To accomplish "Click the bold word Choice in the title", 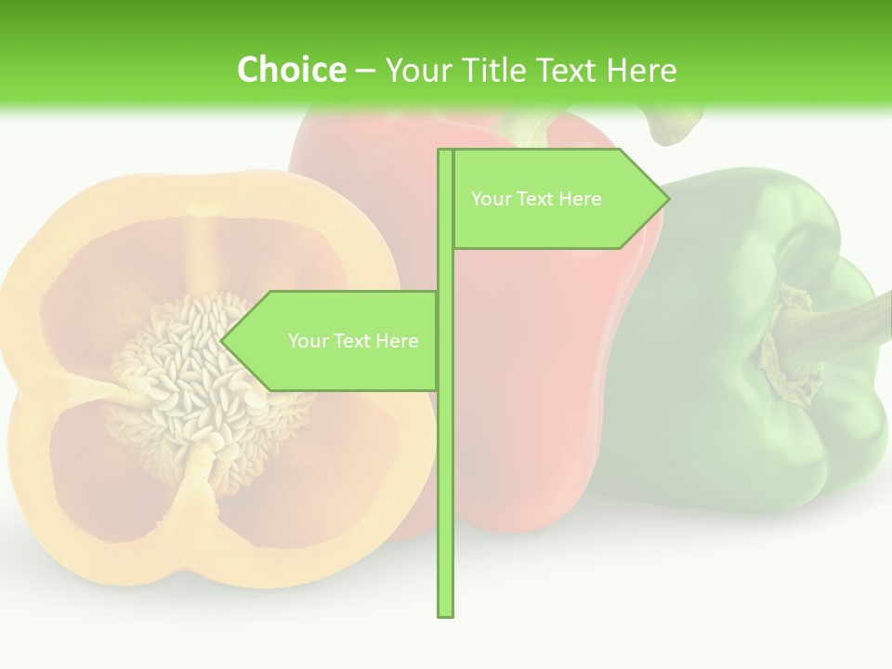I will tap(291, 70).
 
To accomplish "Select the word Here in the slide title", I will tap(641, 70).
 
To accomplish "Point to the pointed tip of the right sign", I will tap(666, 199).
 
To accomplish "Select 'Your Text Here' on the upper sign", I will tap(536, 199).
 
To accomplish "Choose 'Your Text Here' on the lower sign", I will tap(353, 341).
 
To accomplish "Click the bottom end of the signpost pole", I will tap(445, 612).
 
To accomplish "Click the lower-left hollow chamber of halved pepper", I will tap(102, 465).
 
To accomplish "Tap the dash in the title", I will tap(366, 70).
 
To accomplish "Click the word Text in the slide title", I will tap(569, 70).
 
